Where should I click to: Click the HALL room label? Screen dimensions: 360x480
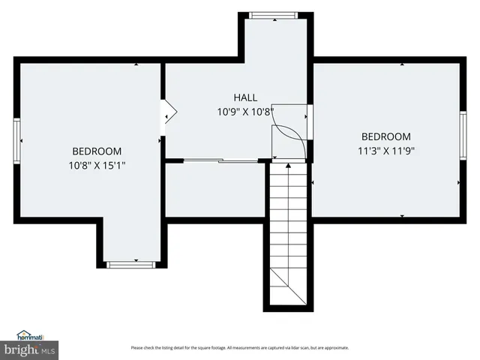click(245, 97)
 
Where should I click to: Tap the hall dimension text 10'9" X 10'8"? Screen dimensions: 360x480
click(245, 112)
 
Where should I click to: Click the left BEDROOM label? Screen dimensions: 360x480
click(97, 151)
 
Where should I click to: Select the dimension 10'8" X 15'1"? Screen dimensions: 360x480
click(97, 165)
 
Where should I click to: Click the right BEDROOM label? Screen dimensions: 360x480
click(386, 136)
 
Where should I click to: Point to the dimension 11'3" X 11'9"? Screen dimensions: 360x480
click(386, 150)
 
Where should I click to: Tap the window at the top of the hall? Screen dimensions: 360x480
click(272, 14)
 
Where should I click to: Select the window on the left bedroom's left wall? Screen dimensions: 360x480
click(17, 140)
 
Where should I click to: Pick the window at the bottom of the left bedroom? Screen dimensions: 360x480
click(131, 264)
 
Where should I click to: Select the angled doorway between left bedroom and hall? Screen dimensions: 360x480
click(168, 112)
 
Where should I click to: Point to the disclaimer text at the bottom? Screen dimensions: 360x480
click(239, 348)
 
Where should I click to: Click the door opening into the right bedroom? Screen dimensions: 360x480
click(309, 120)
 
